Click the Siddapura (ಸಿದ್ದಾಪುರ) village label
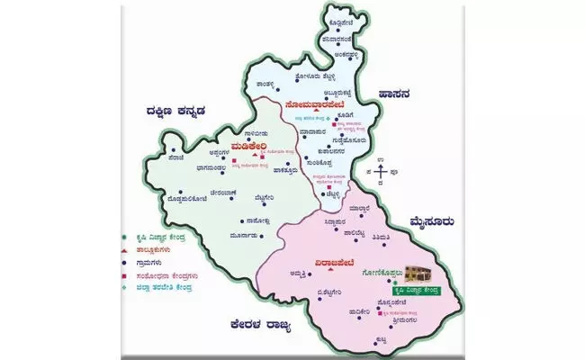click(x=333, y=217)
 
